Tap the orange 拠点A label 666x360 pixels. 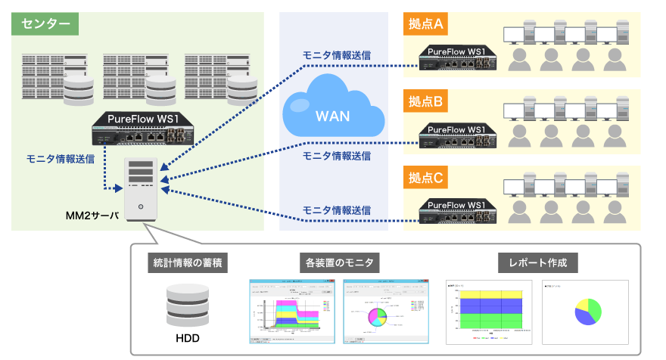coord(425,23)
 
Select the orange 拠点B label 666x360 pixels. coord(425,101)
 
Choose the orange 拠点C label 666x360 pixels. coord(425,178)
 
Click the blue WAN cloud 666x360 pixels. coord(333,113)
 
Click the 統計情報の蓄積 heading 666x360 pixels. coord(187,263)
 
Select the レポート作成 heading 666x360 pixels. coord(538,263)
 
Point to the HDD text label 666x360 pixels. coord(187,338)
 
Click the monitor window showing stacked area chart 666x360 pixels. coord(291,312)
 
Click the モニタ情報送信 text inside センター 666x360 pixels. coord(61,159)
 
